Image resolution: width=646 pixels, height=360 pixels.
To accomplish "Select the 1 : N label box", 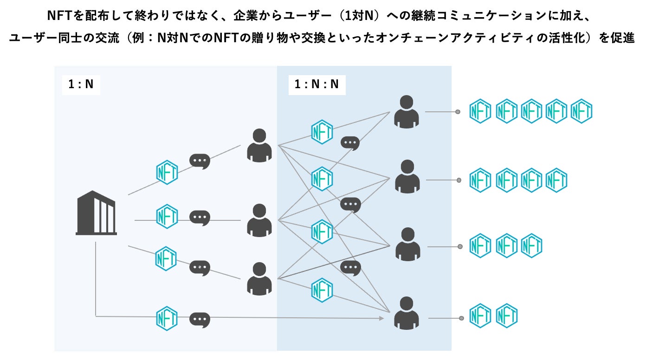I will (x=81, y=84).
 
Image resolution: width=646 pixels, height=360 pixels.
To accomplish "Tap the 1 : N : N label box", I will (x=317, y=84).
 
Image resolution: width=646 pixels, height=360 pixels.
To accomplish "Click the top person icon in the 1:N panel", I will (x=259, y=146).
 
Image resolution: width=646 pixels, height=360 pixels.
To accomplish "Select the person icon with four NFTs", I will (x=407, y=176).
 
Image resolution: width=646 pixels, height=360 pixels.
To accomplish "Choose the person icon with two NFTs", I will (x=407, y=313).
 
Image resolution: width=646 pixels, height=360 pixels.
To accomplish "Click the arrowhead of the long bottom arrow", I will (x=381, y=318).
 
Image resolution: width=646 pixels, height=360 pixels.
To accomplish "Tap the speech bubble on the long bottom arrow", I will (x=200, y=320).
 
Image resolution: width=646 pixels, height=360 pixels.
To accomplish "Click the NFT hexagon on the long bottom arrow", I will (x=167, y=318).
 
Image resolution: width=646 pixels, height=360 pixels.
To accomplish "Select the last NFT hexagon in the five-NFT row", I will (x=581, y=111).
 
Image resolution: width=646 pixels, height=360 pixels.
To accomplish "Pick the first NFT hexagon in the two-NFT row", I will (x=480, y=315).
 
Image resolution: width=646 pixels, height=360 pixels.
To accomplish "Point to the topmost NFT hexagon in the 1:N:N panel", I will (x=322, y=132).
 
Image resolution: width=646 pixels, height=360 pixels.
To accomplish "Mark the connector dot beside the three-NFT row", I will (x=460, y=247).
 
